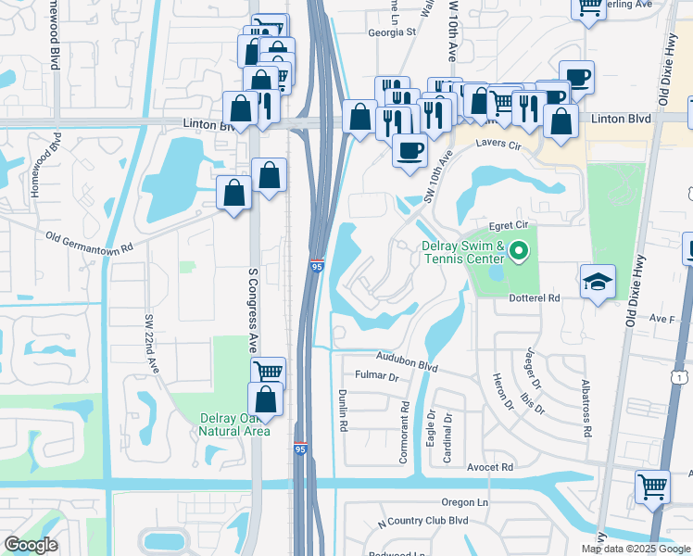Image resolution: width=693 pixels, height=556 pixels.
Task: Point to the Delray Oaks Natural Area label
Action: (236, 423)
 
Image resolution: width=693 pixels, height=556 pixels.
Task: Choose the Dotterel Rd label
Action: (535, 298)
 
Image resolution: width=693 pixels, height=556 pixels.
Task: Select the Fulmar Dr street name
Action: (376, 377)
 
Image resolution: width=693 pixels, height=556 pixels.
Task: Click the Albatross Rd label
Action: (586, 407)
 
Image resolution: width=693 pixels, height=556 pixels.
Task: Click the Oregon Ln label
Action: (464, 501)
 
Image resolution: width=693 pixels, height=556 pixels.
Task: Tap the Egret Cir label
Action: (509, 224)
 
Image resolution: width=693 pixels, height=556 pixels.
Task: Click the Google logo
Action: (31, 545)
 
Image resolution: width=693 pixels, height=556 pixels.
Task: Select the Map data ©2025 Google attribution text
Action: (636, 549)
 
